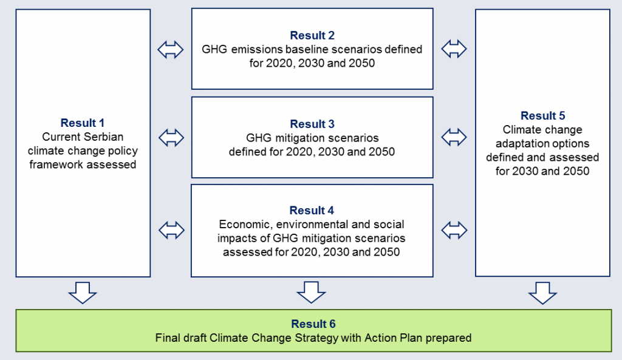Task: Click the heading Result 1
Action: [83, 123]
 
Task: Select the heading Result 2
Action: [312, 35]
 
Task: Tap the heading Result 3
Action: [312, 124]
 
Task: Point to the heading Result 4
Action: [312, 210]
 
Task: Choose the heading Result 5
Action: [542, 115]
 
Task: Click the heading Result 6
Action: [313, 324]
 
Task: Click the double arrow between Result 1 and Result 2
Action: [171, 50]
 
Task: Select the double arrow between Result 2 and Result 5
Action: [454, 49]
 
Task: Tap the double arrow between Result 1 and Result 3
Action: [171, 138]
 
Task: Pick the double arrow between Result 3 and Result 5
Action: [454, 137]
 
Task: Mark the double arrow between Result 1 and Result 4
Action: [171, 230]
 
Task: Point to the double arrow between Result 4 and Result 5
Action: [454, 230]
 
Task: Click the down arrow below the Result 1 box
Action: [83, 293]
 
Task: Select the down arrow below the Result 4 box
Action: [312, 293]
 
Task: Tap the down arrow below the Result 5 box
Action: [542, 293]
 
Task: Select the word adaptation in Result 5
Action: [520, 143]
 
